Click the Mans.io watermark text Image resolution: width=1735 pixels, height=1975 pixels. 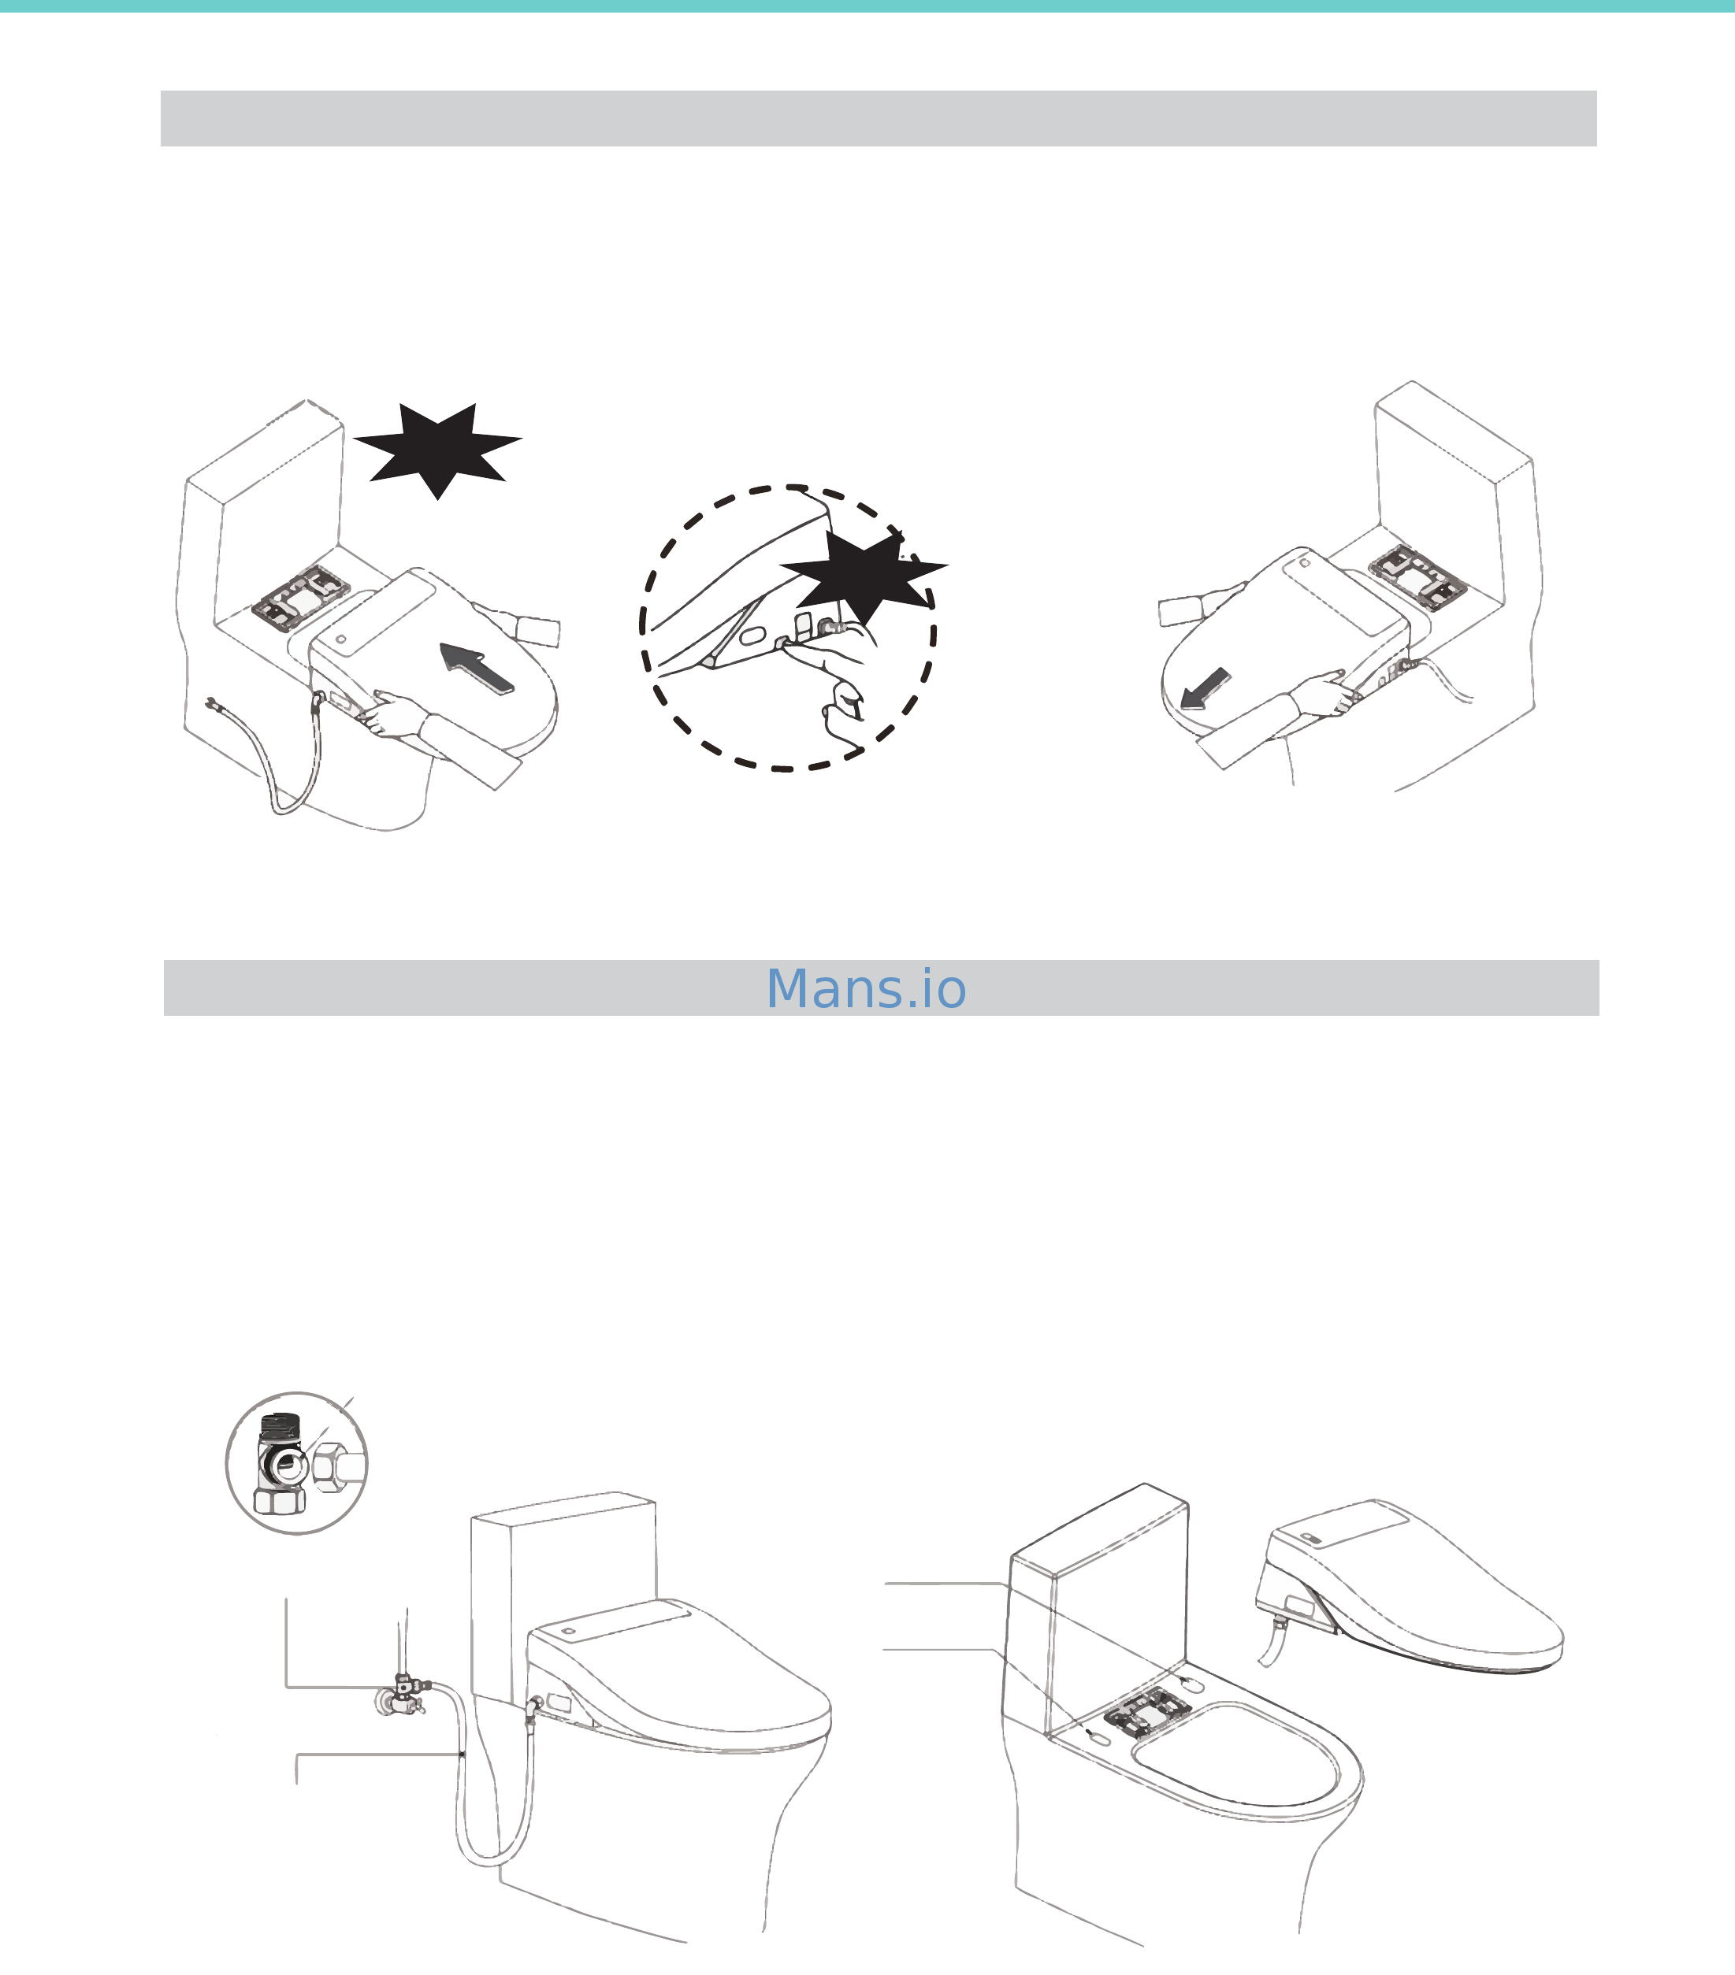[866, 988]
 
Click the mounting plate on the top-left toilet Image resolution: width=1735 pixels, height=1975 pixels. [299, 597]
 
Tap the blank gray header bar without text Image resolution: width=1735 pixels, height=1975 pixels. [878, 119]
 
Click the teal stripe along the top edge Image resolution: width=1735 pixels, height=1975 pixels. [867, 6]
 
